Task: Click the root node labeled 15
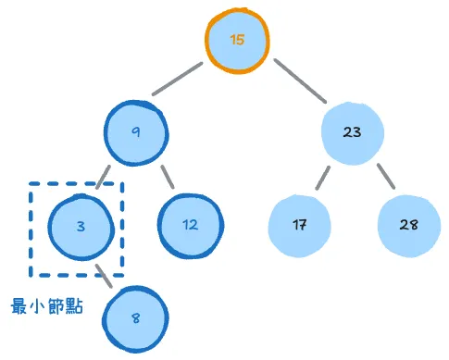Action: pyautogui.click(x=238, y=42)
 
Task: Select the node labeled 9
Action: pyautogui.click(x=136, y=133)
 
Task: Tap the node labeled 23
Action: pyautogui.click(x=352, y=133)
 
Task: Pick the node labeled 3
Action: pyautogui.click(x=81, y=225)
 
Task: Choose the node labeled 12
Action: pyautogui.click(x=190, y=225)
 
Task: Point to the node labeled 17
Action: pyautogui.click(x=299, y=225)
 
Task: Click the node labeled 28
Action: pyautogui.click(x=408, y=225)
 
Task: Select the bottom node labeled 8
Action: pyautogui.click(x=136, y=318)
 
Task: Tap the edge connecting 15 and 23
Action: pyautogui.click(x=300, y=82)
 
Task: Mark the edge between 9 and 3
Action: pyautogui.click(x=105, y=178)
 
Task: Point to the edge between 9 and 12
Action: pyautogui.click(x=167, y=176)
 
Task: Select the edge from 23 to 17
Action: pyautogui.click(x=322, y=178)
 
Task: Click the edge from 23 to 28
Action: pyautogui.click(x=382, y=178)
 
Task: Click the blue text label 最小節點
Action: pyautogui.click(x=46, y=305)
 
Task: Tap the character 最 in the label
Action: pyautogui.click(x=19, y=305)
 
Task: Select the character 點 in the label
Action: pyautogui.click(x=74, y=305)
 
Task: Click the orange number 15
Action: pyautogui.click(x=238, y=42)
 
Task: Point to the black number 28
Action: pyautogui.click(x=408, y=225)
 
